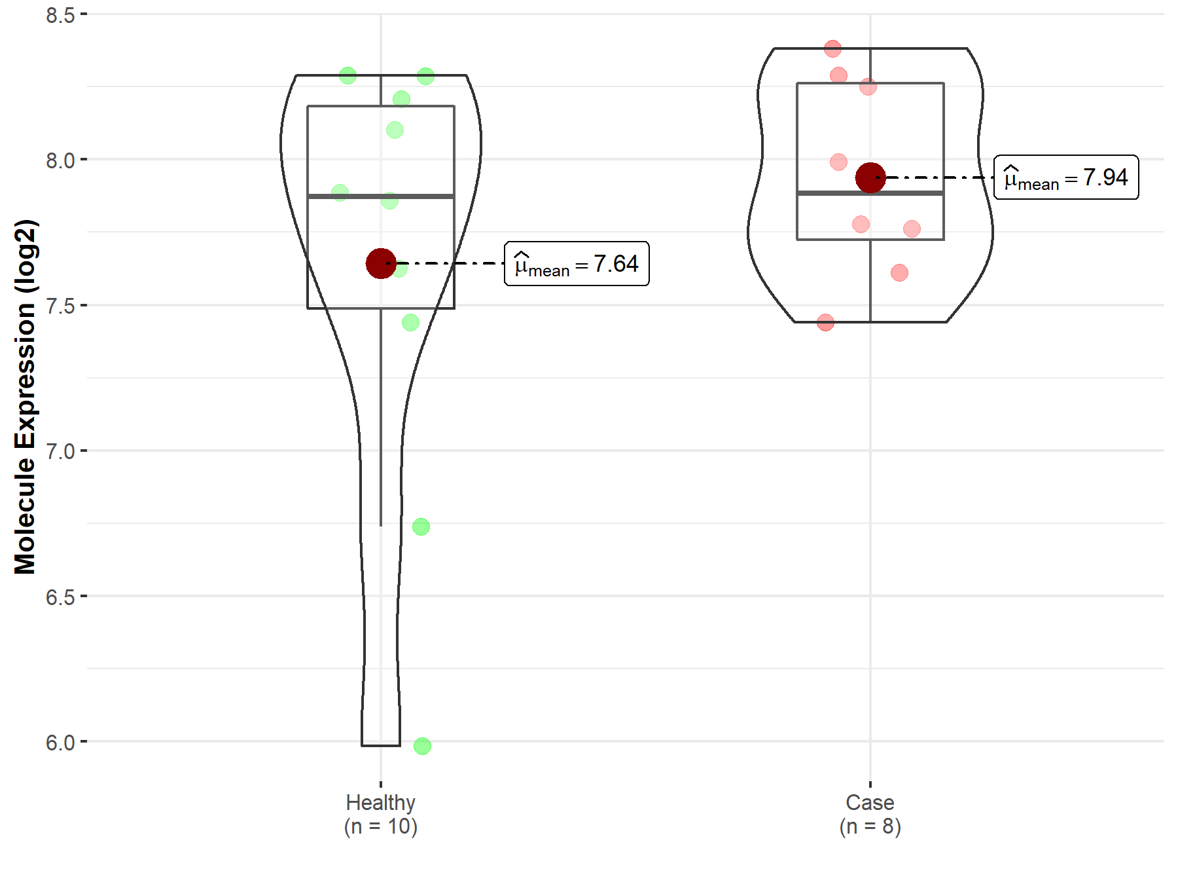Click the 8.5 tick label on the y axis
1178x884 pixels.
pyautogui.click(x=60, y=14)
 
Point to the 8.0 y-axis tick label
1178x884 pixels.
pyautogui.click(x=60, y=160)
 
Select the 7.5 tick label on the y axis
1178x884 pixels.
pyautogui.click(x=60, y=305)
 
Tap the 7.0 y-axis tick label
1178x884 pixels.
pyautogui.click(x=60, y=451)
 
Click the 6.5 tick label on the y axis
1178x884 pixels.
pyautogui.click(x=60, y=597)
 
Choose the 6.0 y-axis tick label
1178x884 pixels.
pyautogui.click(x=60, y=743)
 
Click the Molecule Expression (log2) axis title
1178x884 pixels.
pyautogui.click(x=25, y=397)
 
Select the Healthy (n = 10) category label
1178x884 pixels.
pyautogui.click(x=381, y=814)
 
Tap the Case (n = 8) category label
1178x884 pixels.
pyautogui.click(x=870, y=814)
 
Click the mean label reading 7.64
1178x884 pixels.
pyautogui.click(x=577, y=264)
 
